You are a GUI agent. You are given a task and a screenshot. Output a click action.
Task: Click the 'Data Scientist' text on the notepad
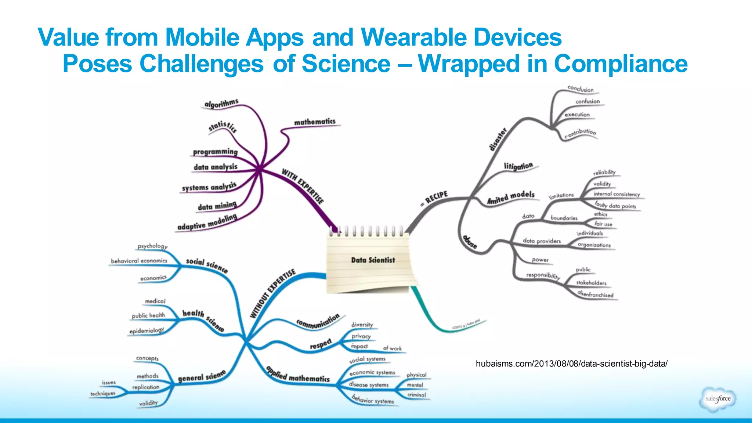373,260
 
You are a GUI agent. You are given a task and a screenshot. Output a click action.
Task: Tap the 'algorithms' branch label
221,104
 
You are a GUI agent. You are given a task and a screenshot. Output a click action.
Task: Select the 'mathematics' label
315,122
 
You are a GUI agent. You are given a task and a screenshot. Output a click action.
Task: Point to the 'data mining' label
217,206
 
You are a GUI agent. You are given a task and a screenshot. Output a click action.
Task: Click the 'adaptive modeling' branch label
207,223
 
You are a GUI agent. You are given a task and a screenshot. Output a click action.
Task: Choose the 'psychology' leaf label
152,246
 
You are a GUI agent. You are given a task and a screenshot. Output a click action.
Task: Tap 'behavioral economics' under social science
139,261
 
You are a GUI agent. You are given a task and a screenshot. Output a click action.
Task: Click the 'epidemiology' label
147,331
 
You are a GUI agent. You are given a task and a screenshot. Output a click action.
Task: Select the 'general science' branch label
202,377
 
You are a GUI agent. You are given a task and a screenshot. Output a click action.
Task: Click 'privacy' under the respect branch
361,336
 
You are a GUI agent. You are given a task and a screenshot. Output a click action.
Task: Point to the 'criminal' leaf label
417,395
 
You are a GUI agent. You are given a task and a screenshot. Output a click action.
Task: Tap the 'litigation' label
518,166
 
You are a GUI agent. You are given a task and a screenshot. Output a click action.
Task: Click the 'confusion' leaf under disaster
587,101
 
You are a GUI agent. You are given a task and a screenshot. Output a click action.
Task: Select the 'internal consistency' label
617,194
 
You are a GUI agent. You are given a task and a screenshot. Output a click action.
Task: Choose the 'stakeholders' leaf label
591,283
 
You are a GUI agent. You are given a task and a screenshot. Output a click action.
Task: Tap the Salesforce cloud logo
718,399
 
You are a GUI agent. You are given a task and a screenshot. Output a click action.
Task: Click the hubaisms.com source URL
571,364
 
